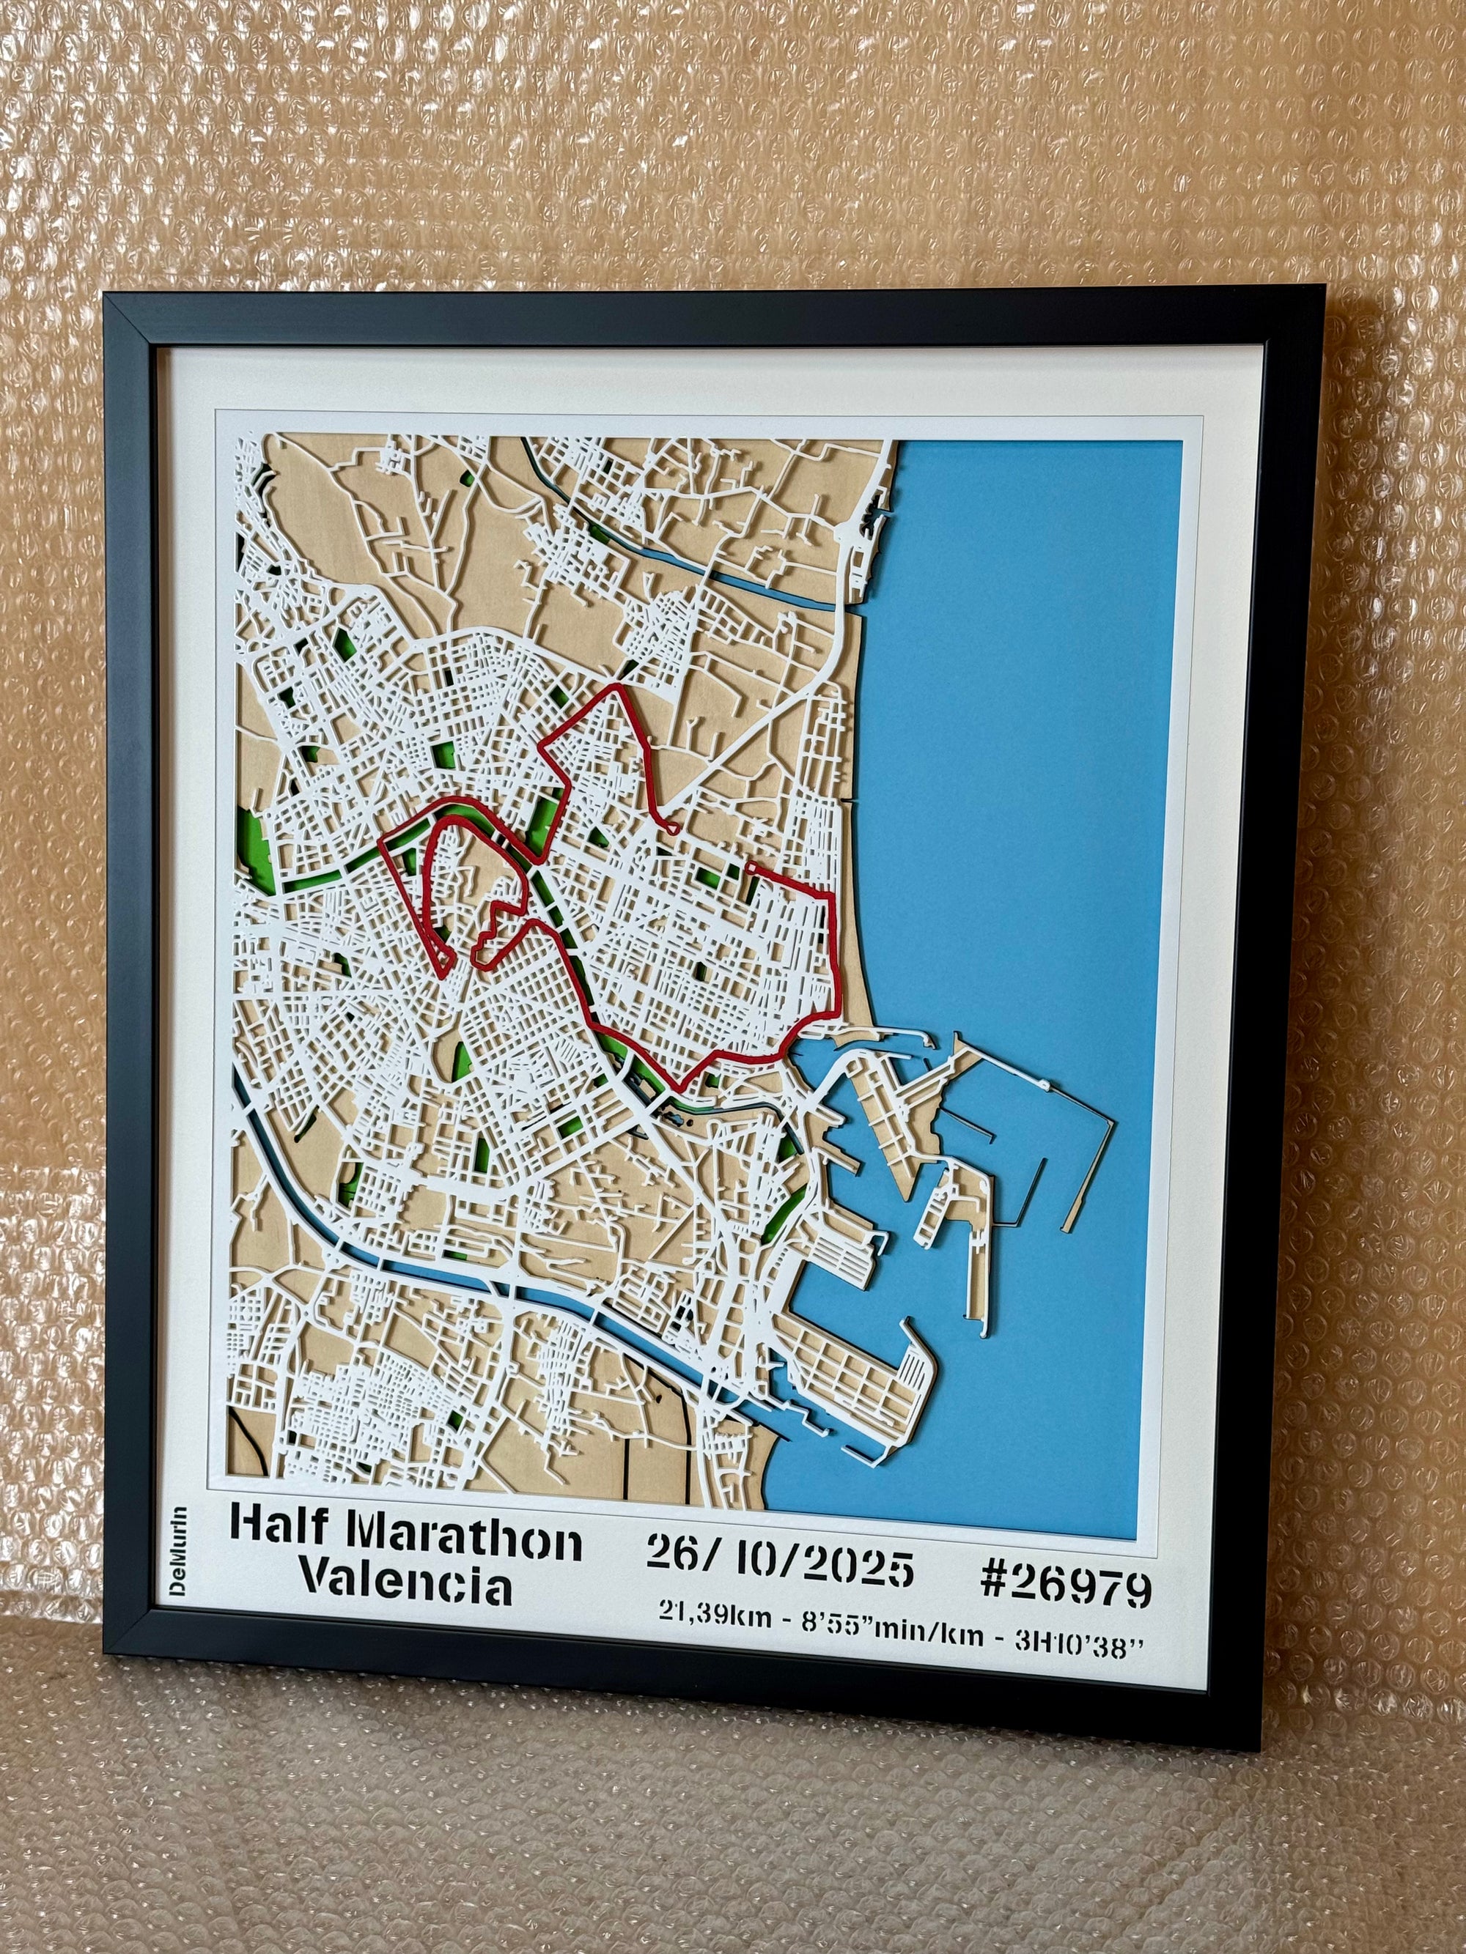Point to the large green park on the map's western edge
click(254, 843)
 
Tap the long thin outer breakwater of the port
click(1083, 1148)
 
